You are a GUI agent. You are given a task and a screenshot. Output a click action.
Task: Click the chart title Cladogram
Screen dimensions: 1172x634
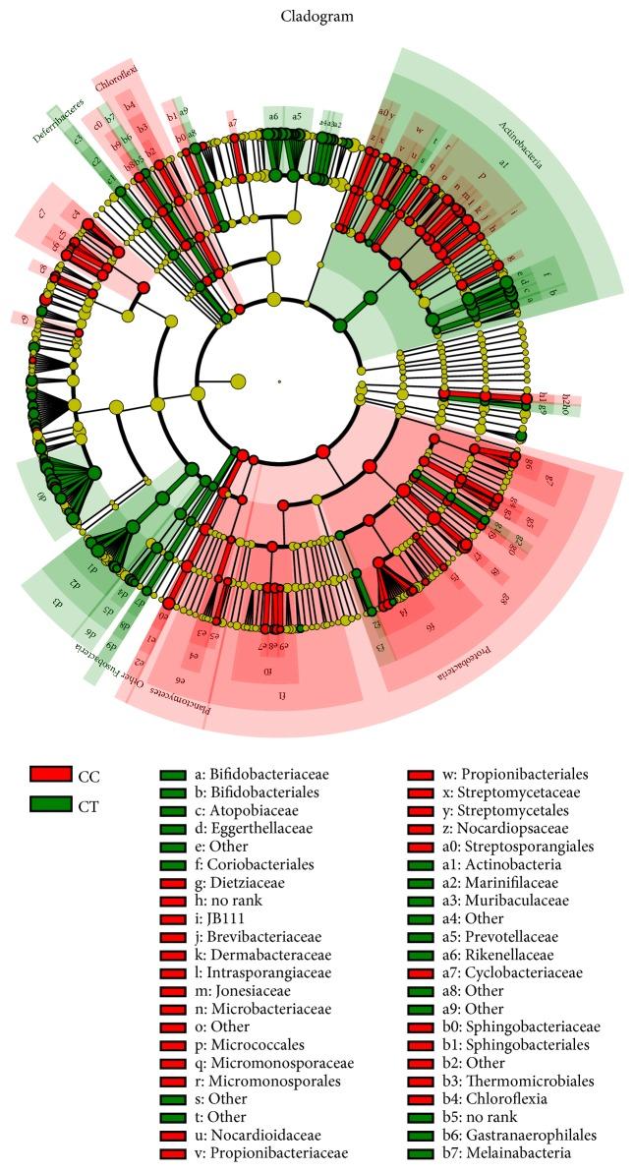[x=317, y=17]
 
